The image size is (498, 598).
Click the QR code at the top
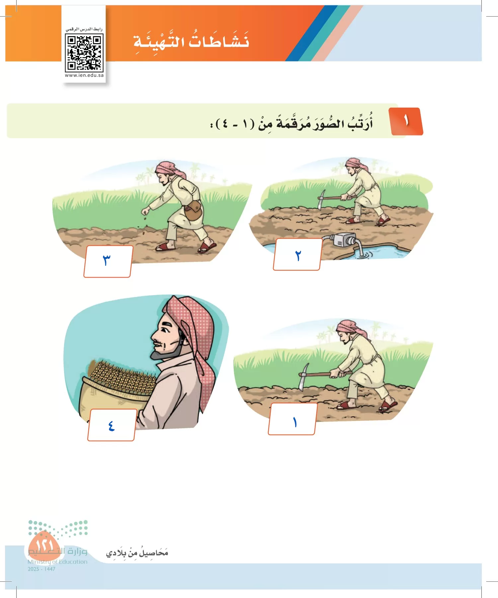tap(84, 53)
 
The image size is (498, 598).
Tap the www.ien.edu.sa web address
tap(84, 75)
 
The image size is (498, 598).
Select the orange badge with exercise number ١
tap(407, 121)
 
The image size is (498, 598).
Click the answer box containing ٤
tap(111, 425)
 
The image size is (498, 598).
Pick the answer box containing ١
tap(292, 419)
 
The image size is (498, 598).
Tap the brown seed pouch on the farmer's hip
tap(193, 210)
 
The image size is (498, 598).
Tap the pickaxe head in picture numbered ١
tap(303, 375)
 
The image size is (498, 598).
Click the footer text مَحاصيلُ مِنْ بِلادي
tap(137, 553)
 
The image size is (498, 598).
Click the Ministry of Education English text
tap(57, 562)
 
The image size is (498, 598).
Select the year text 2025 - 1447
tap(41, 569)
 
